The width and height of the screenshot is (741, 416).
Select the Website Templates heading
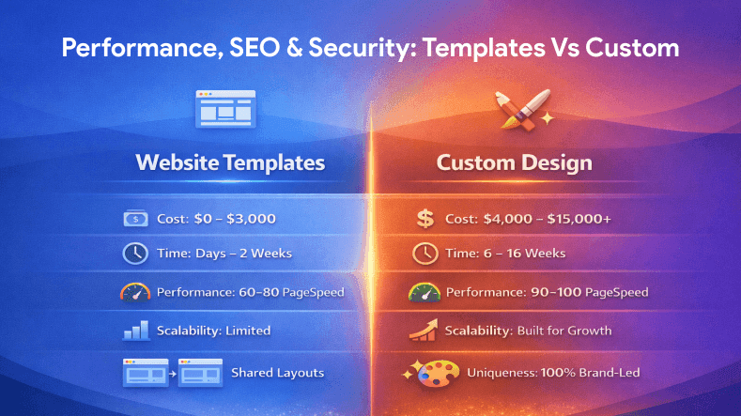230,162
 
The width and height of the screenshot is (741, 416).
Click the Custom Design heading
514,162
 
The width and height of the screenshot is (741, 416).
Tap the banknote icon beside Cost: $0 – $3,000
135,219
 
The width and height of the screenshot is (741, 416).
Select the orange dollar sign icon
425,219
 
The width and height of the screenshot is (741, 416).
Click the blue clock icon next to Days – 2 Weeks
135,254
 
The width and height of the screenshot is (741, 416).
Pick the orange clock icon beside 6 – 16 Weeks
425,254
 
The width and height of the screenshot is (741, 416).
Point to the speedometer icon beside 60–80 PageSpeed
135,292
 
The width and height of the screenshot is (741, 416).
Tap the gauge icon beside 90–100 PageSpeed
425,292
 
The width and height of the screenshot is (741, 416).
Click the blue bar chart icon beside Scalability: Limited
135,331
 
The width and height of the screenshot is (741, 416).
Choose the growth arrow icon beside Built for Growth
425,331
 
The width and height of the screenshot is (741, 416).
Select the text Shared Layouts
277,373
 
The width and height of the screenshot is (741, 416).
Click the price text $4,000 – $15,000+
548,219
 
